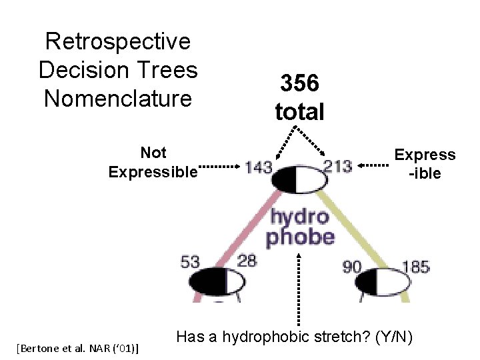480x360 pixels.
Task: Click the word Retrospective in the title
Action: pyautogui.click(x=117, y=41)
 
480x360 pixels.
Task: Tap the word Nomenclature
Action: pyautogui.click(x=117, y=98)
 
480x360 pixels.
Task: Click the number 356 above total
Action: pyautogui.click(x=299, y=83)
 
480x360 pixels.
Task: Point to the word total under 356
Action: pyautogui.click(x=299, y=110)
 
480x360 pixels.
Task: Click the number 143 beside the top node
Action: pyautogui.click(x=259, y=167)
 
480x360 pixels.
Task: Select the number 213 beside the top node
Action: pyautogui.click(x=337, y=166)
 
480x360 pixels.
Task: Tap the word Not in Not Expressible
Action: pyautogui.click(x=153, y=152)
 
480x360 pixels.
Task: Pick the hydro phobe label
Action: pyautogui.click(x=300, y=227)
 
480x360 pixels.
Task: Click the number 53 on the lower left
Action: pyautogui.click(x=190, y=261)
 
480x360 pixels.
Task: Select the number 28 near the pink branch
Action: pyautogui.click(x=247, y=261)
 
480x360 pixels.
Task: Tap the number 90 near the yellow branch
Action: pyautogui.click(x=351, y=267)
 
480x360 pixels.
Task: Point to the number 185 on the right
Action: pyautogui.click(x=415, y=267)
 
